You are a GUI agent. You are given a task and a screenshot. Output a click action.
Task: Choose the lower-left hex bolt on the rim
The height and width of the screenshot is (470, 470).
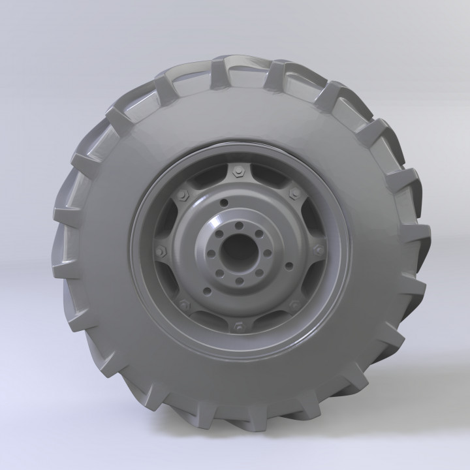click(x=183, y=303)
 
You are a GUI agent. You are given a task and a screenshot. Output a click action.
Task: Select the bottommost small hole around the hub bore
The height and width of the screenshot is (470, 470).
click(x=239, y=281)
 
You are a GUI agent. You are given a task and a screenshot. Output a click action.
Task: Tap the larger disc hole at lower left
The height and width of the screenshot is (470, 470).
click(x=208, y=290)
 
